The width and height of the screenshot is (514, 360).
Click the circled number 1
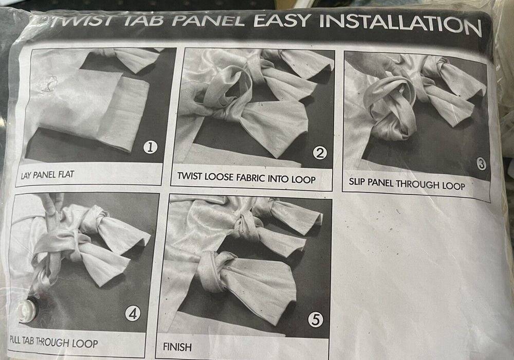151,148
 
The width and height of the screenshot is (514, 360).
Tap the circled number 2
320,153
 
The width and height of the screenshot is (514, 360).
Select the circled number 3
481,164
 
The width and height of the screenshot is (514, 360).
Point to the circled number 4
133,314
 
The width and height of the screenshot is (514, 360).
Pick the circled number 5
316,320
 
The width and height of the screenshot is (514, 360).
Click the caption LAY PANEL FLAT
47,174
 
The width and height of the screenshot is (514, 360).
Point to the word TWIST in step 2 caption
190,176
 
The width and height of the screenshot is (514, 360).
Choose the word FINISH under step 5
177,347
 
